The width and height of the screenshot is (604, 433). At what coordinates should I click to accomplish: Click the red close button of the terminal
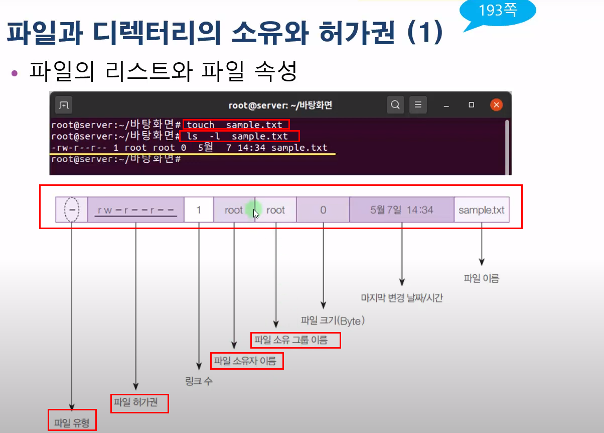click(x=496, y=105)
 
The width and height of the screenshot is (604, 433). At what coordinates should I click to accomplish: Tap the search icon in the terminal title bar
click(x=395, y=105)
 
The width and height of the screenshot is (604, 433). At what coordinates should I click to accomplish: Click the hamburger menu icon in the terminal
click(x=418, y=105)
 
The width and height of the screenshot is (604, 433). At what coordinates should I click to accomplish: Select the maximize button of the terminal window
click(x=471, y=105)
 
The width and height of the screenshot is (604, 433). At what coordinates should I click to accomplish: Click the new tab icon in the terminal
click(x=63, y=105)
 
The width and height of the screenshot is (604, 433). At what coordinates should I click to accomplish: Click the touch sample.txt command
click(x=235, y=125)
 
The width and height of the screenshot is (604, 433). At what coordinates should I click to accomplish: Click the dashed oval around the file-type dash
click(x=72, y=210)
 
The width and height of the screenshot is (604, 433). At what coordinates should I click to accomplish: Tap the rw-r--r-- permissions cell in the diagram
click(x=136, y=210)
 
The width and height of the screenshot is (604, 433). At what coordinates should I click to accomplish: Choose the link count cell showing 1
click(x=199, y=210)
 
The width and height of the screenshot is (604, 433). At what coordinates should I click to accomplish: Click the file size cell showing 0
click(x=323, y=210)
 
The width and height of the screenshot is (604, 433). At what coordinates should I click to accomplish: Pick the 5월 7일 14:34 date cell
click(x=401, y=210)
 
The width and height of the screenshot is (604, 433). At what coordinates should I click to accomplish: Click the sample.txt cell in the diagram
click(x=482, y=210)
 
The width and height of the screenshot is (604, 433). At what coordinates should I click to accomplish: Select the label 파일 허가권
click(x=139, y=403)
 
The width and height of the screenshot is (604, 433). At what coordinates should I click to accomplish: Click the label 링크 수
click(x=199, y=381)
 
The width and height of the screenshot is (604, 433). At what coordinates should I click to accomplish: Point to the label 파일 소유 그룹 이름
click(x=295, y=341)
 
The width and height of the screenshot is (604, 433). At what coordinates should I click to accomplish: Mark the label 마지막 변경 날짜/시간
click(x=402, y=298)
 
